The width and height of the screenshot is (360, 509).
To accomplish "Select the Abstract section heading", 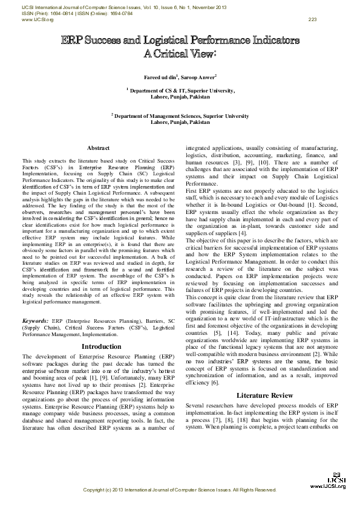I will pos(98,148).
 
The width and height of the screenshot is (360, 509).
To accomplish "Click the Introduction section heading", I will pos(101,346).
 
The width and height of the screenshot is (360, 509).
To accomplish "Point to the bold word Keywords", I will pos(36,320).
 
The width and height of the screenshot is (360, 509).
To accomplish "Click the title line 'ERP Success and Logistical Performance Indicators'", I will pos(180,41).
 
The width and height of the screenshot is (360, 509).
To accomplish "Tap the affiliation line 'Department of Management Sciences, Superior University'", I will pos(181,115).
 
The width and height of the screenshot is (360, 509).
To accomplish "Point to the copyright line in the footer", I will pos(180,489).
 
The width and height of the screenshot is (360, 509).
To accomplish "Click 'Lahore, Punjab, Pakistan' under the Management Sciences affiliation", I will pos(180,122).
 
